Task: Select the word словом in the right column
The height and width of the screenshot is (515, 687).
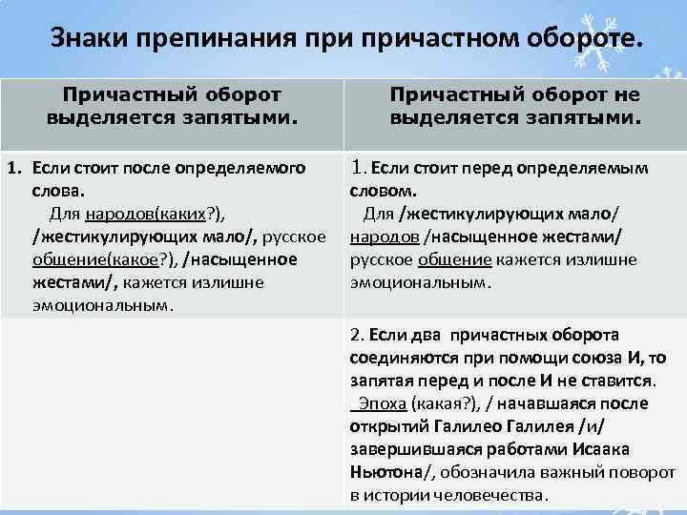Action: [x=379, y=191]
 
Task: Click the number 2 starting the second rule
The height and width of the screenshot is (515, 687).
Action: [x=355, y=336]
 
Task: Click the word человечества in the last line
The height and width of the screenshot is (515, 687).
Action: [x=492, y=495]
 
